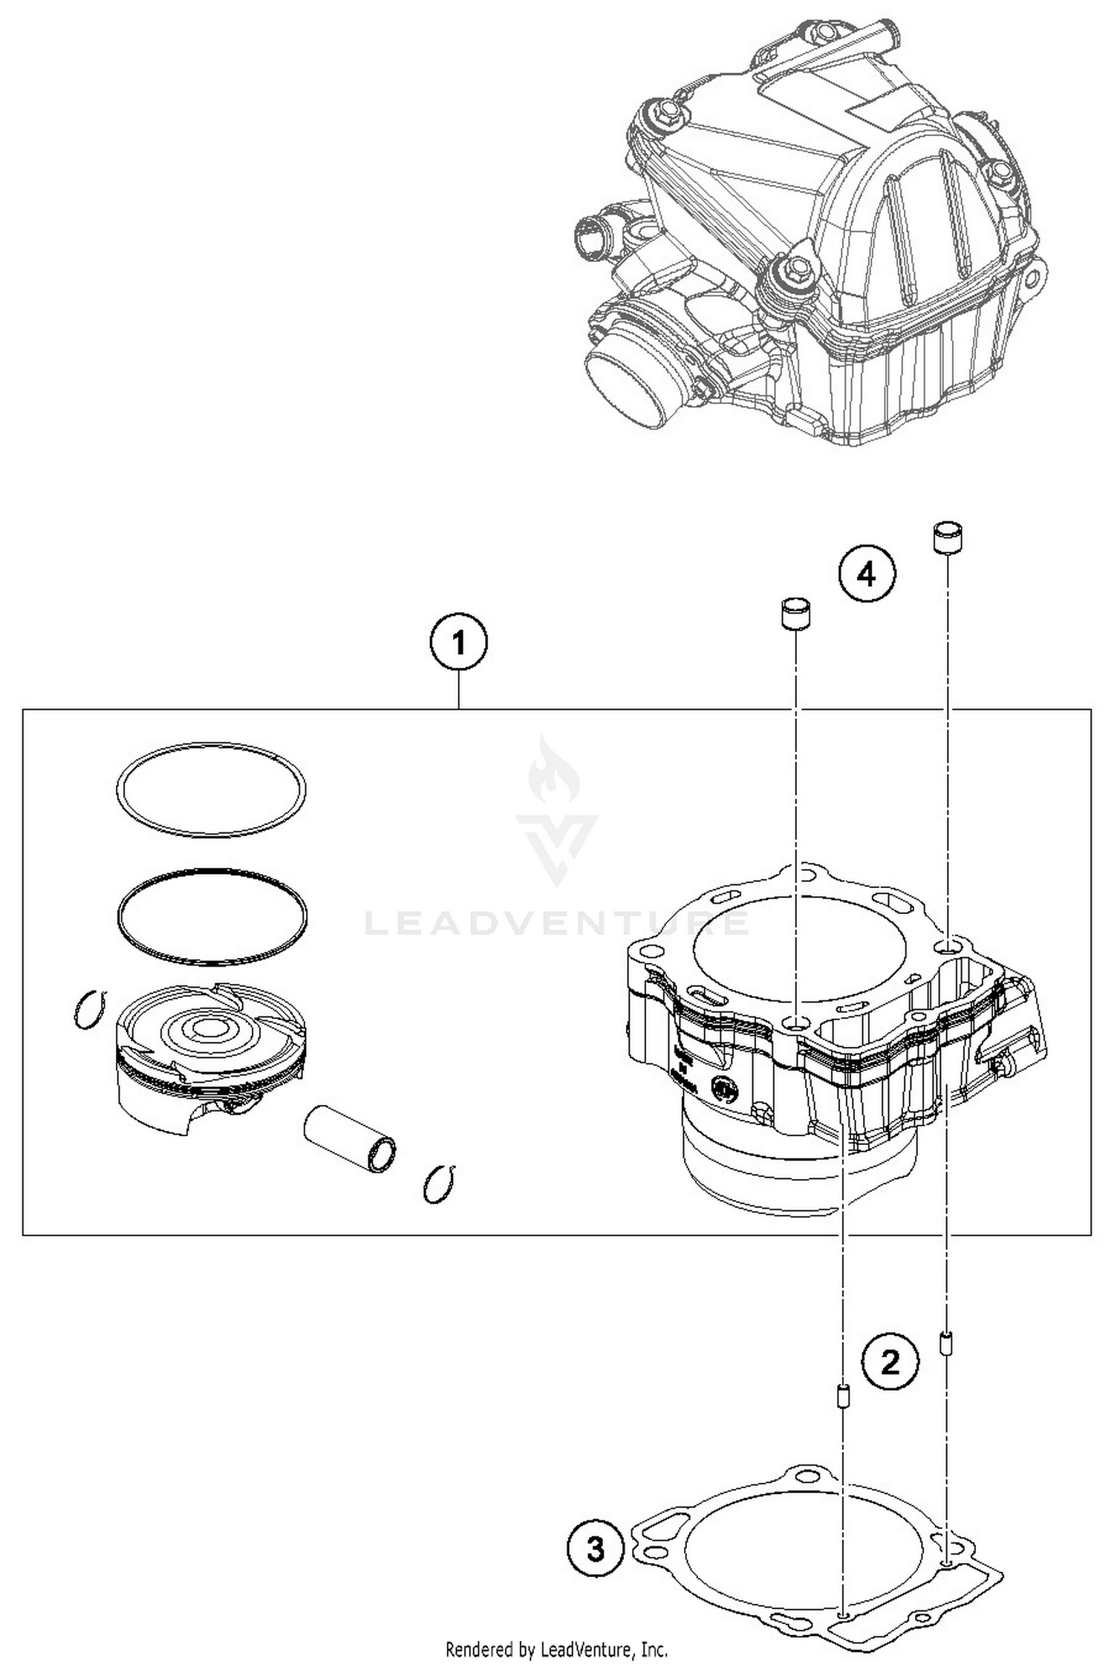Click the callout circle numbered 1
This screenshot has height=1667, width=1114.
point(458,643)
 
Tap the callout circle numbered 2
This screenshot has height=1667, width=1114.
point(890,1363)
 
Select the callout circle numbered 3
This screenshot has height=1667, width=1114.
point(596,1550)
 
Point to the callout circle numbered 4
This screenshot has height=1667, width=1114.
point(867,574)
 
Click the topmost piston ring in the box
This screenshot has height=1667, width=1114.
point(211,788)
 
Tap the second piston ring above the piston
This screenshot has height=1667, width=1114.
point(212,917)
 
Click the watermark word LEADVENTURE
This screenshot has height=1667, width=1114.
point(557,923)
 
